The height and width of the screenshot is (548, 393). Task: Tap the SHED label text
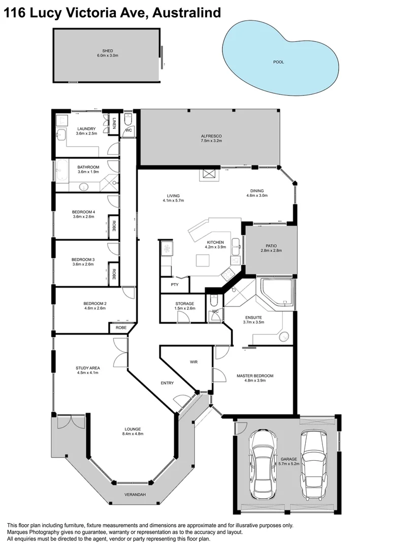pos(107,51)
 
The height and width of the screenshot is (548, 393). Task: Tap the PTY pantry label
pos(174,285)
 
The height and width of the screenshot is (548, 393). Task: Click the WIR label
pos(193,362)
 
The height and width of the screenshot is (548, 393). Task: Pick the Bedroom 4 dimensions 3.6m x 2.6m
pos(83,217)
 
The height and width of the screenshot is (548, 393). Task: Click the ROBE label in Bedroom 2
pos(121,328)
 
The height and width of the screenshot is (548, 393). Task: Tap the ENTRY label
pos(167,383)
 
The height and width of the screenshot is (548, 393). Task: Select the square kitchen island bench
pos(203,260)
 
